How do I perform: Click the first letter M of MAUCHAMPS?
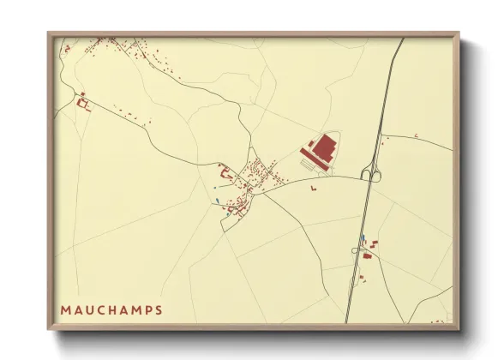point(66,309)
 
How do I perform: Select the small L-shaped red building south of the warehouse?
point(315,184)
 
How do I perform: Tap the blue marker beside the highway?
point(363,239)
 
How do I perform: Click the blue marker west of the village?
point(218,201)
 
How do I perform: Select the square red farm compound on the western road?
point(84,103)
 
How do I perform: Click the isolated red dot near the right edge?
point(416,135)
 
